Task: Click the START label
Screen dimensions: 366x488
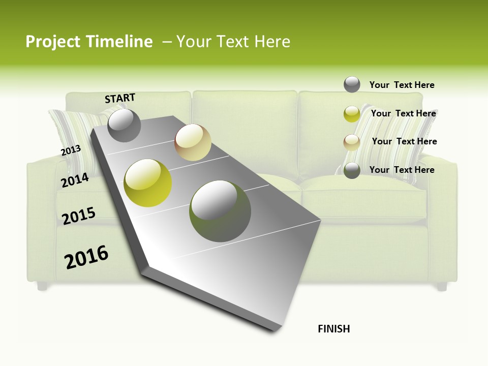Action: (120, 98)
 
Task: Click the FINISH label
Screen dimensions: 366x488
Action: (333, 329)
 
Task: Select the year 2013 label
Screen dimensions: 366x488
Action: (71, 150)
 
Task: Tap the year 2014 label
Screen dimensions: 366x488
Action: (75, 180)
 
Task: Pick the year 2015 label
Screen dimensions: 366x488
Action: (79, 216)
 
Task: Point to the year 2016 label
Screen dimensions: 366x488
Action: (86, 257)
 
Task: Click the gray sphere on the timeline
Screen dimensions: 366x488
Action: (124, 125)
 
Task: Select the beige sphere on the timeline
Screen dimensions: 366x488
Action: (193, 142)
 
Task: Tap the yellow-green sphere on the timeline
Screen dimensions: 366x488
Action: (148, 183)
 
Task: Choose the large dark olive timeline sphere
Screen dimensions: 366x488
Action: (220, 211)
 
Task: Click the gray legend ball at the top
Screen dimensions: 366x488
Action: (352, 84)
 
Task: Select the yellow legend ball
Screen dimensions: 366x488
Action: (352, 114)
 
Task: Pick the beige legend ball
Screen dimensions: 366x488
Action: (352, 142)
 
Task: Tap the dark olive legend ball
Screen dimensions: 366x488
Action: (352, 170)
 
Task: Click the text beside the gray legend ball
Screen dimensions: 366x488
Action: (402, 85)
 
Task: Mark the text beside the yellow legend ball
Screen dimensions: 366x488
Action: (403, 113)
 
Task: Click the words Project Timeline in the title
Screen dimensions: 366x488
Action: (89, 42)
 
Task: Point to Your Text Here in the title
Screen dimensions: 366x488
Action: (233, 42)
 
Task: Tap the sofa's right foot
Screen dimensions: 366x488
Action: (442, 286)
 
